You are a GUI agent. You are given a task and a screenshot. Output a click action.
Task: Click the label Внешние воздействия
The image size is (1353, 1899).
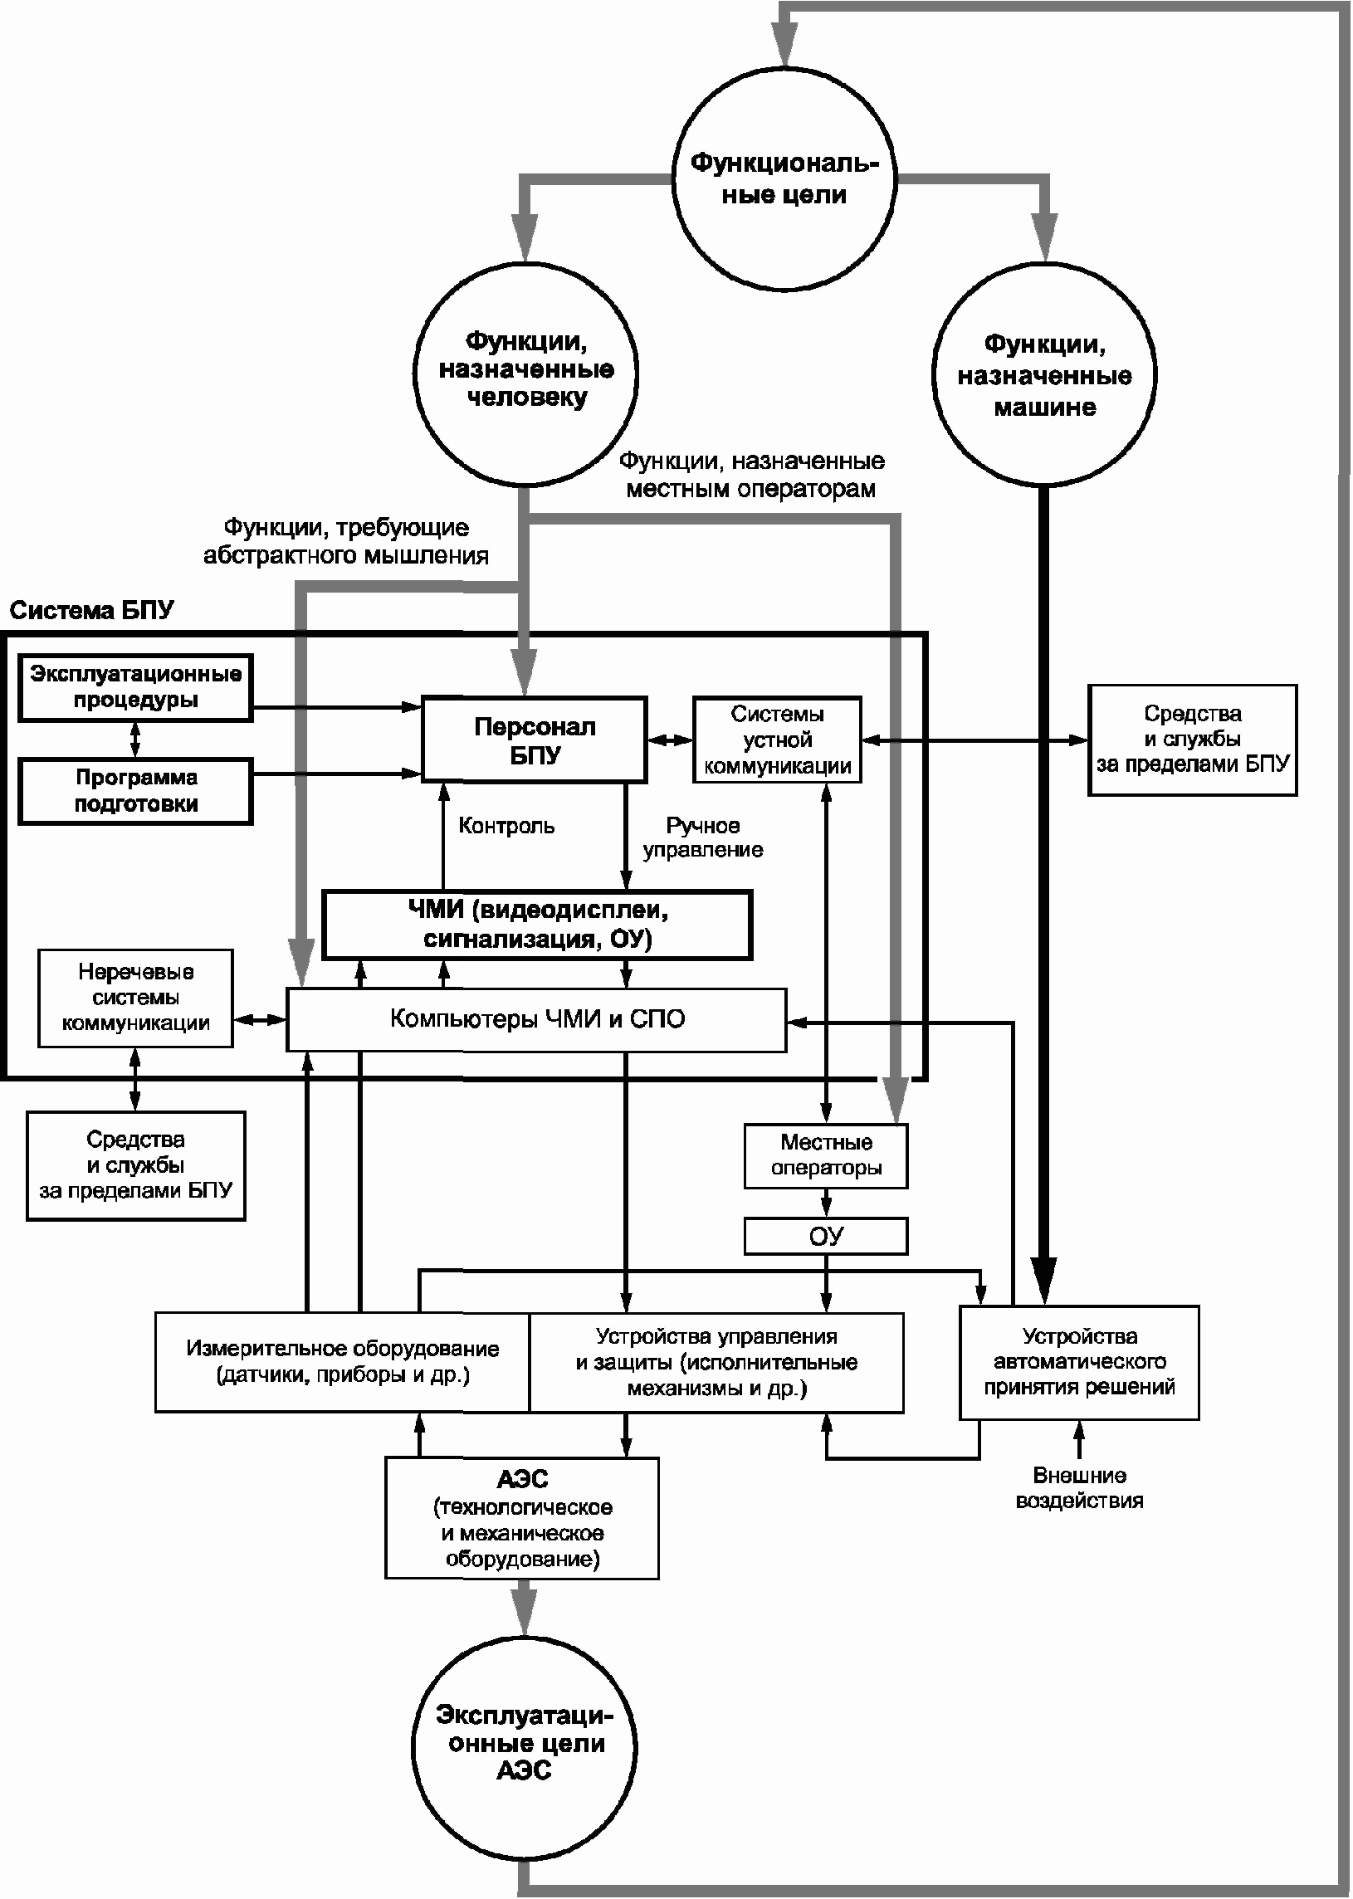coord(1079,1488)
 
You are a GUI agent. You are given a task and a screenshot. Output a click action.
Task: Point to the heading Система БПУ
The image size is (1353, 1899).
coord(91,611)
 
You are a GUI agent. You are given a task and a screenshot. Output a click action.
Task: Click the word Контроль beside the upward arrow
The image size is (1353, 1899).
coord(506,825)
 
